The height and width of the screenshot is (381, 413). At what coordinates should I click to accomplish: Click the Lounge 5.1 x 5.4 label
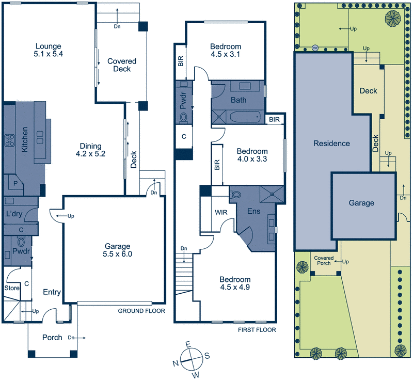[x=49, y=49]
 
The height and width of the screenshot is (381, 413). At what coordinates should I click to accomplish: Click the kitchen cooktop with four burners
[x=9, y=139]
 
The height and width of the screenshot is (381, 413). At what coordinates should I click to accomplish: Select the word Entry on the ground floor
[x=52, y=293]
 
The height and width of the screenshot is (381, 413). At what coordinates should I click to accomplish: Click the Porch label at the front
[x=53, y=338]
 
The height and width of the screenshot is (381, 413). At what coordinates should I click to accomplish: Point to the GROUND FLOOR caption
[x=141, y=311]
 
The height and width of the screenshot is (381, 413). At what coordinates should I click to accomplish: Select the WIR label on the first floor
[x=221, y=212]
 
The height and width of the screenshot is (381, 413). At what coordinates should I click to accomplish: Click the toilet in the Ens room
[x=236, y=195]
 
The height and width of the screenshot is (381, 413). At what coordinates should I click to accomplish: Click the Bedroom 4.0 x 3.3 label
[x=251, y=155]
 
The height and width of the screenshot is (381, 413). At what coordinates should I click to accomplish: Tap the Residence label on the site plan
[x=331, y=144]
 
